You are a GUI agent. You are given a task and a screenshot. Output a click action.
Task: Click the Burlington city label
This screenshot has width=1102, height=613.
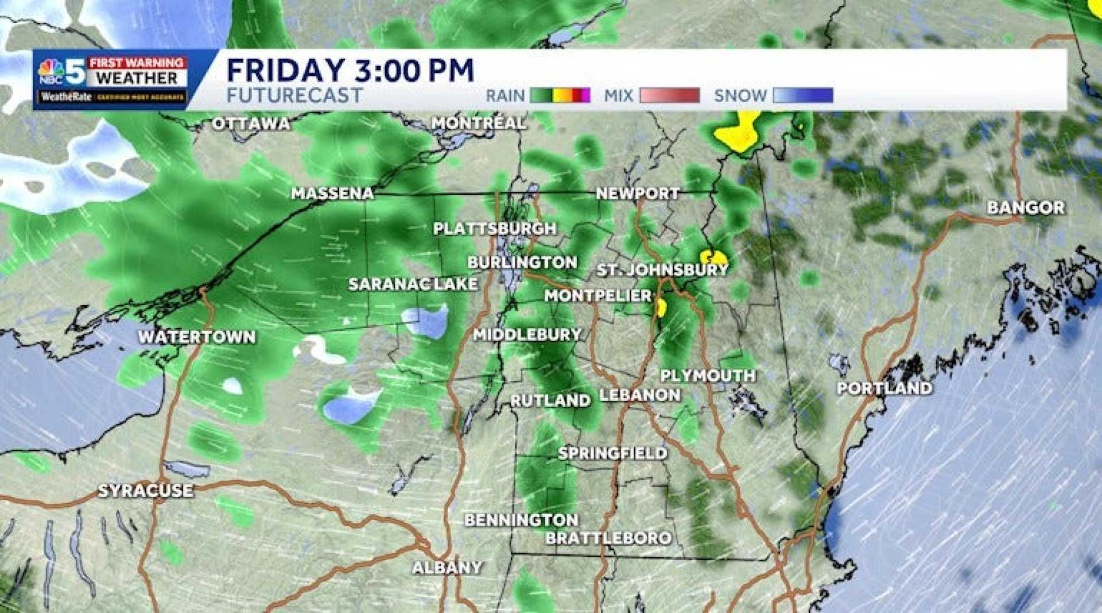(x=522, y=263)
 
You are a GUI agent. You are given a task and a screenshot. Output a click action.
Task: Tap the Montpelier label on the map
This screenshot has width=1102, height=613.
(x=598, y=296)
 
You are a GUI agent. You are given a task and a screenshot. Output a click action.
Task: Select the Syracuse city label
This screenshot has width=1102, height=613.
(x=145, y=491)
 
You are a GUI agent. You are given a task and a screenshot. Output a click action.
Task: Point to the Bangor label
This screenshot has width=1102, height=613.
(x=1026, y=208)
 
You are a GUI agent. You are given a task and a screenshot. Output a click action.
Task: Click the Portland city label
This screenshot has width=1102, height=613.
(x=884, y=388)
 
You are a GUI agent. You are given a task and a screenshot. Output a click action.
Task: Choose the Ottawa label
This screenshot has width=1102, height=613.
(x=251, y=124)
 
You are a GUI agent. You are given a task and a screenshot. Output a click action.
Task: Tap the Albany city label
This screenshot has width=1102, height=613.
(x=447, y=568)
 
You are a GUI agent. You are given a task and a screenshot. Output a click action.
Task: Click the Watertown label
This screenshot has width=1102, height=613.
(x=197, y=337)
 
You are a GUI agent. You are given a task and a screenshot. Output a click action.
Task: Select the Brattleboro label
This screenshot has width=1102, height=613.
(x=608, y=538)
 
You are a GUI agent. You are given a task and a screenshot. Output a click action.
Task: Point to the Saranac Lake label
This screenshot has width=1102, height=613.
(x=413, y=284)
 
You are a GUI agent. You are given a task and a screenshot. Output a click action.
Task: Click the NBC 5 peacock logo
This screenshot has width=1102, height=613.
(x=51, y=71)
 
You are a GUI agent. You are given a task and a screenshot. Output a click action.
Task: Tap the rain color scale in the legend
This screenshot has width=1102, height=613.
(x=560, y=95)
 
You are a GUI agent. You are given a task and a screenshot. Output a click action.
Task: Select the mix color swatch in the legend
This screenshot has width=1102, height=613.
(x=669, y=95)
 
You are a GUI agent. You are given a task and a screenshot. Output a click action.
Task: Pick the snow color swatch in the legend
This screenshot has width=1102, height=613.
(x=802, y=95)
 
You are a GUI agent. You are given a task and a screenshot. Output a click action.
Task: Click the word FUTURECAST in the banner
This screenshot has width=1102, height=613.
(x=294, y=95)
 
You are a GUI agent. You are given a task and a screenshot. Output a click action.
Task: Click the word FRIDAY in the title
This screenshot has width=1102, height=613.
(x=285, y=71)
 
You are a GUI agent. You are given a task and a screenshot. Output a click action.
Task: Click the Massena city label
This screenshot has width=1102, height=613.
(x=332, y=194)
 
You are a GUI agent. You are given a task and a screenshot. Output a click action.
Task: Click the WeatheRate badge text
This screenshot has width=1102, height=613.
(x=67, y=97)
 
